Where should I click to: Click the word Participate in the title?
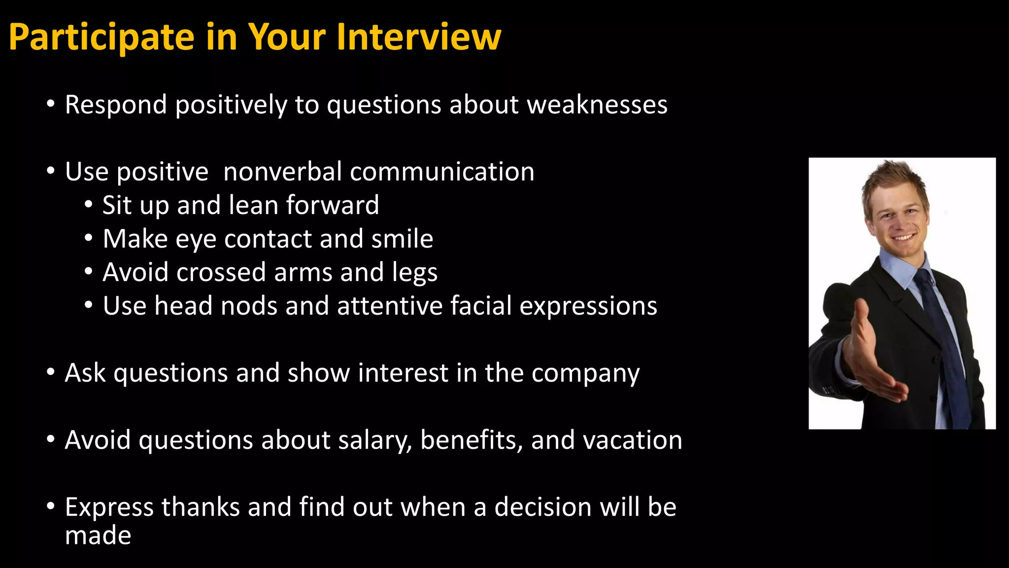[x=101, y=37]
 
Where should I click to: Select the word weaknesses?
[x=597, y=105]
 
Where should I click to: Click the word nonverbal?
[x=282, y=172]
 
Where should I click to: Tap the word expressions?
[x=588, y=307]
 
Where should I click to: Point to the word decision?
[x=542, y=507]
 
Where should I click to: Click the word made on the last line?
[x=98, y=535]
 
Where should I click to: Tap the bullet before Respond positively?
[x=51, y=104]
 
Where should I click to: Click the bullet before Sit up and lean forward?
[x=88, y=205]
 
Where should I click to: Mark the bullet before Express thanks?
[x=51, y=506]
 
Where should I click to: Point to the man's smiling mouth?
[x=903, y=237]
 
